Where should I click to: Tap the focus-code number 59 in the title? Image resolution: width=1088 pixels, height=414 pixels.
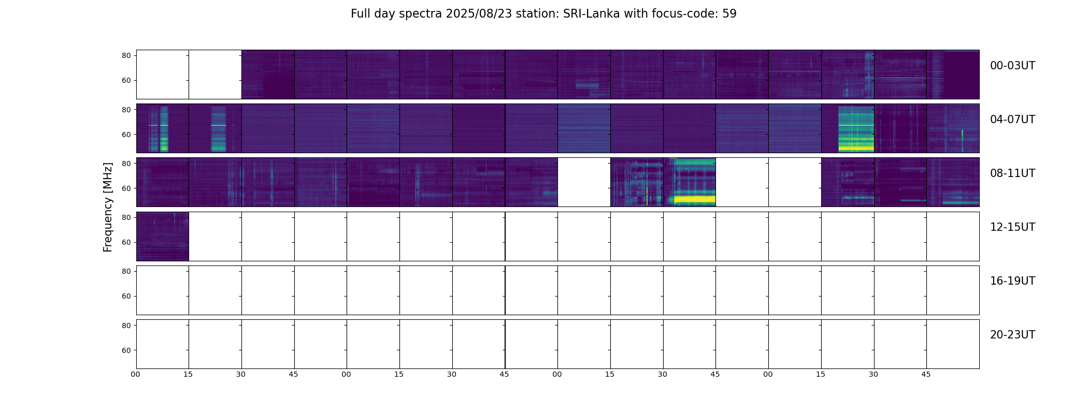click(x=729, y=14)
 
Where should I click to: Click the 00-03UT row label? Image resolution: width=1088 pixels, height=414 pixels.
click(x=1012, y=66)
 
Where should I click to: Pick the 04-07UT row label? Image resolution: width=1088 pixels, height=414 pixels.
click(x=1012, y=120)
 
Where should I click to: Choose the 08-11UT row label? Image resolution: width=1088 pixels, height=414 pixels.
click(x=1012, y=173)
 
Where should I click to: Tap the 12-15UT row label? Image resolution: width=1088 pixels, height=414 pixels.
click(x=1012, y=227)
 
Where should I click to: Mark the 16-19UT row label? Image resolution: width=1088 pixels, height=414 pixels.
click(x=1012, y=281)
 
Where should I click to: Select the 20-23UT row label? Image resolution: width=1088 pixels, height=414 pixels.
click(x=1012, y=335)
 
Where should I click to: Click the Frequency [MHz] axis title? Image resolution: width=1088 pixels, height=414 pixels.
click(x=108, y=207)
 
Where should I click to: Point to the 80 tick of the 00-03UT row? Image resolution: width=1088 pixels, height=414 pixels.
click(x=126, y=56)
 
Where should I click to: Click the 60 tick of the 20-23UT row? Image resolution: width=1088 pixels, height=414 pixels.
click(x=126, y=350)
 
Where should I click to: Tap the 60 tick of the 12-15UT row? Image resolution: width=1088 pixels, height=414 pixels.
click(x=126, y=243)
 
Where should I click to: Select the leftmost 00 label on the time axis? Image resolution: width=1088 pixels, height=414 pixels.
click(x=136, y=374)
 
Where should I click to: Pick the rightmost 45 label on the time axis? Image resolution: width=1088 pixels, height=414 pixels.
click(x=926, y=374)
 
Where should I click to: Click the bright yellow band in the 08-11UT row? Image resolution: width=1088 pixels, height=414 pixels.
click(x=694, y=199)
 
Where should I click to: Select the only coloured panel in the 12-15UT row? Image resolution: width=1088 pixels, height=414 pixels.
click(x=162, y=236)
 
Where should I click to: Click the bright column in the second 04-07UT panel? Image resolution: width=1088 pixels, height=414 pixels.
click(x=218, y=128)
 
